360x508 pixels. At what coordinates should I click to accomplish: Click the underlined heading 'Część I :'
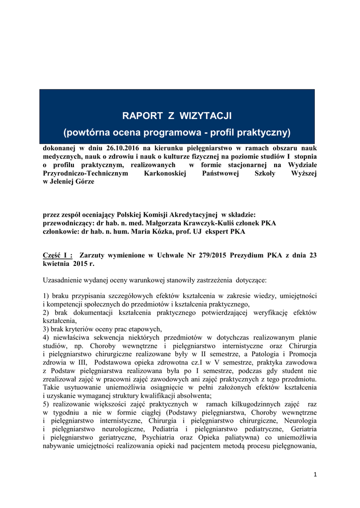[58, 255]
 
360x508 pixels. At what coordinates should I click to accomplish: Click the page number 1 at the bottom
[315, 474]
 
